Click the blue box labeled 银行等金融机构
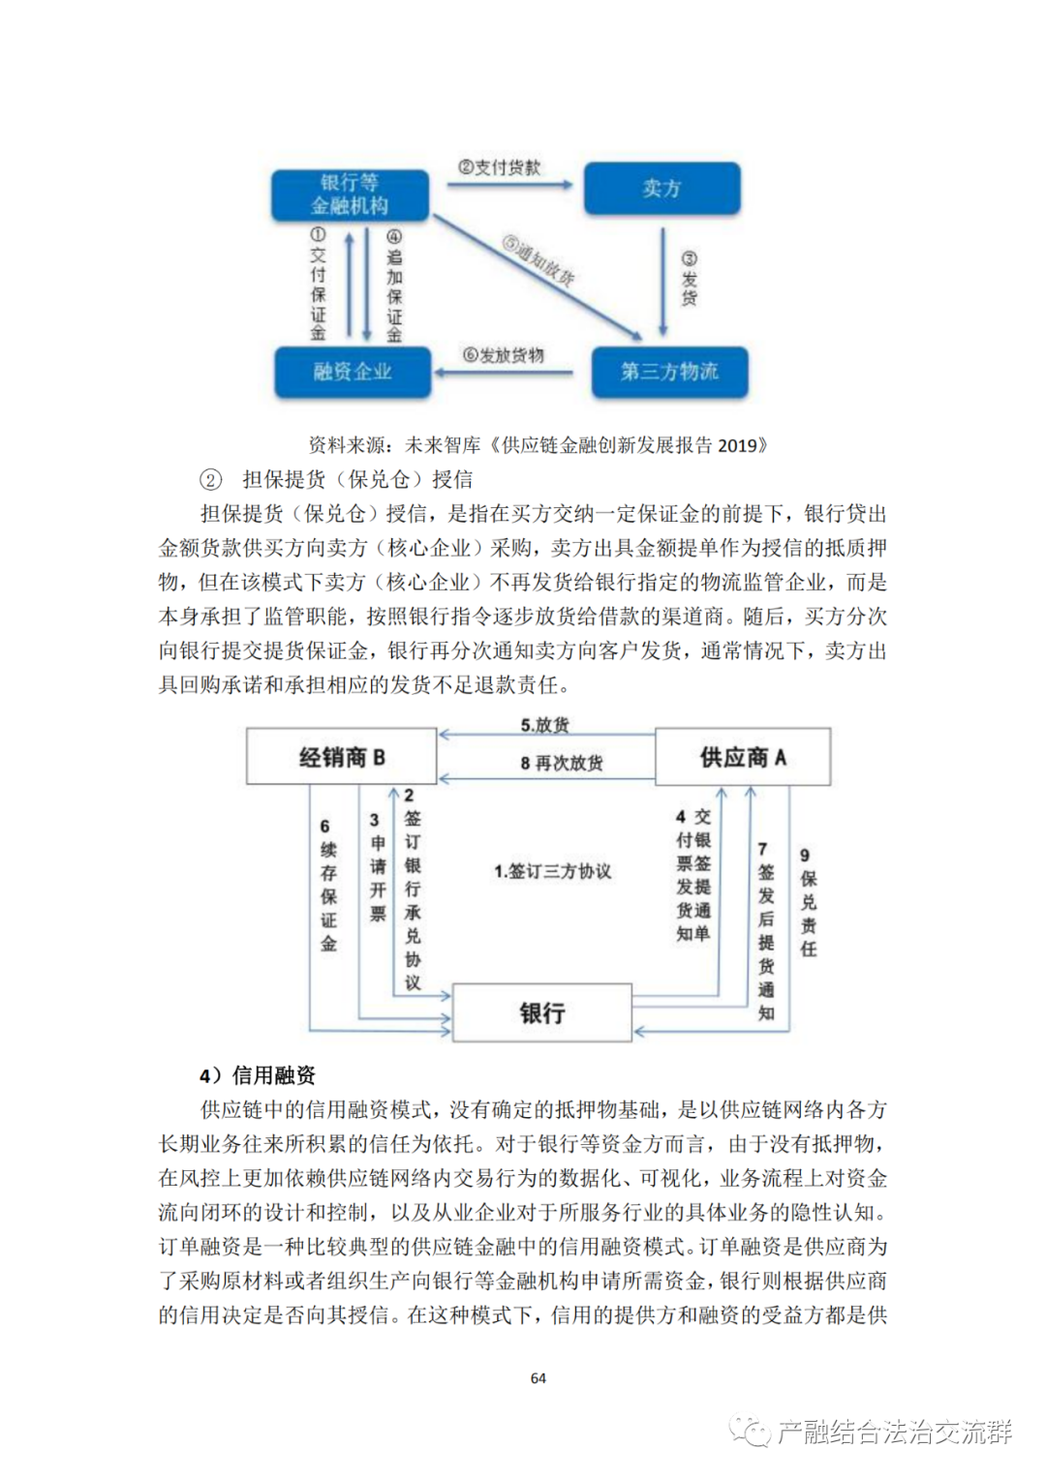(x=350, y=195)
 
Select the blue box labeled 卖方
(x=661, y=189)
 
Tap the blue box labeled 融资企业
(x=353, y=373)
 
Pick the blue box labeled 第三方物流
(x=669, y=373)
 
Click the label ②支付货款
(x=500, y=167)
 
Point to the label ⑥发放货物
(x=504, y=355)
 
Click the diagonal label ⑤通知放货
(x=538, y=259)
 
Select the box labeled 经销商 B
(x=342, y=757)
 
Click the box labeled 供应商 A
(x=743, y=757)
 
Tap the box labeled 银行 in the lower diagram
(x=541, y=1012)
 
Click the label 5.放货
(x=544, y=725)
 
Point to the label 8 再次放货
(x=561, y=763)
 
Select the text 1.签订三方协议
(x=552, y=871)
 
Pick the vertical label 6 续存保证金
(x=328, y=885)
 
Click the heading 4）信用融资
(x=258, y=1075)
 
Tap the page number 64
(x=538, y=1377)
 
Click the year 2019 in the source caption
(x=738, y=445)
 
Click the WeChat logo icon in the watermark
(x=751, y=1432)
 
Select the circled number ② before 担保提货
(x=210, y=480)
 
